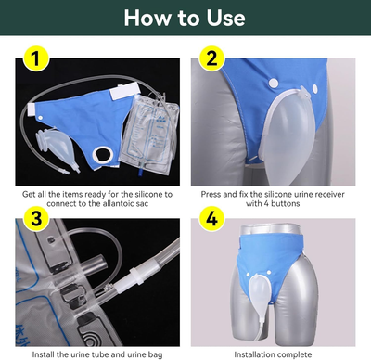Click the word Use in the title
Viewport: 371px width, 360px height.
(x=220, y=19)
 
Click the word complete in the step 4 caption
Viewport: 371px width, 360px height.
(x=297, y=354)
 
